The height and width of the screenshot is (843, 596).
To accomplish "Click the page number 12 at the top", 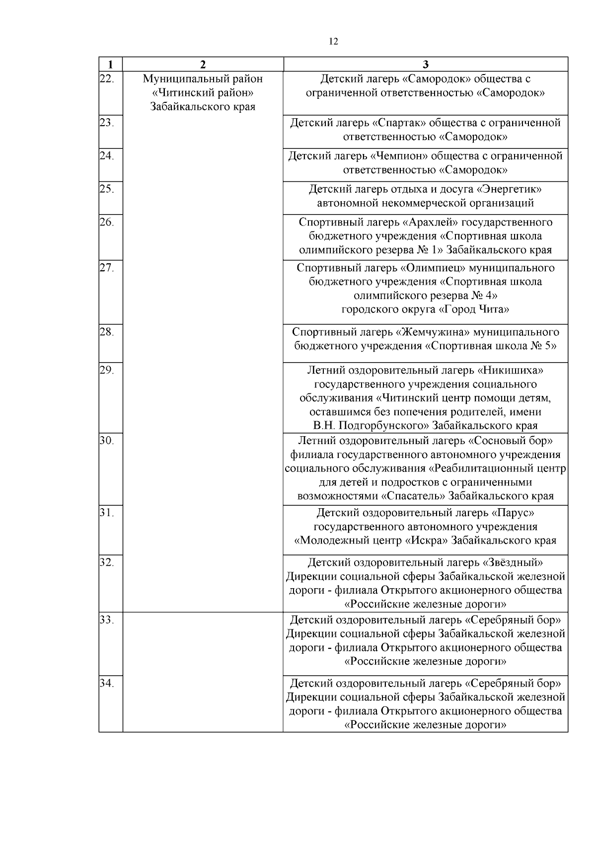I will (334, 42).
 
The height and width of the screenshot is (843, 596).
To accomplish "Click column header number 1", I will (110, 65).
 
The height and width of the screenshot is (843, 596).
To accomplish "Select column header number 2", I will (203, 65).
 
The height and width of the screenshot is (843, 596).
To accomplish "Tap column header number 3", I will (425, 65).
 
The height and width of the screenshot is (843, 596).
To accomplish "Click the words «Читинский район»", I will (203, 93).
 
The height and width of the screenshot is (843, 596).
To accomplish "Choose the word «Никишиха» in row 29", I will (510, 371).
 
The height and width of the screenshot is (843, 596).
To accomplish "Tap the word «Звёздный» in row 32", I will (513, 563).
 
